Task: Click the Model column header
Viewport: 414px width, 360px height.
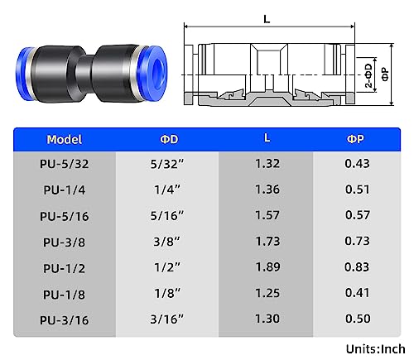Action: click(x=65, y=139)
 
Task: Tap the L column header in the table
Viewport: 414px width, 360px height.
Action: click(x=267, y=139)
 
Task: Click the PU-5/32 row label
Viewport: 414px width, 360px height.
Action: click(x=65, y=165)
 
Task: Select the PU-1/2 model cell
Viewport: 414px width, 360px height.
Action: click(x=65, y=267)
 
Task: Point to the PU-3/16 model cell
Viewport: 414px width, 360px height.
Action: click(x=65, y=319)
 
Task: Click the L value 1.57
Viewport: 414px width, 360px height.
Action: click(x=267, y=216)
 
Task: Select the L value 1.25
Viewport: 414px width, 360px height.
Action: click(x=267, y=293)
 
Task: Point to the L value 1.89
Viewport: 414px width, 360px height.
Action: click(x=267, y=267)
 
